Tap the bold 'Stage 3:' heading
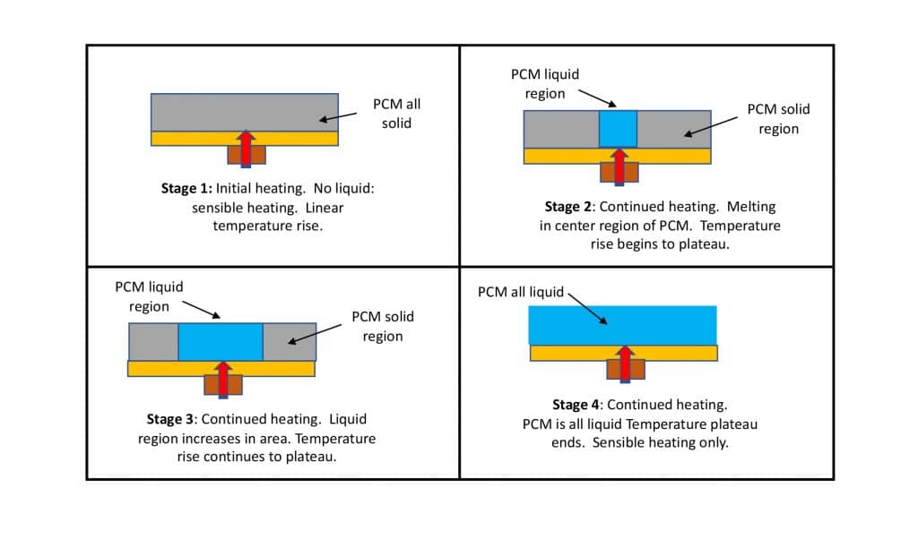pyautogui.click(x=171, y=419)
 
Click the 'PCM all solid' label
pyautogui.click(x=396, y=114)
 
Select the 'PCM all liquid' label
pyautogui.click(x=521, y=292)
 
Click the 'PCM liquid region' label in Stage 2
pyautogui.click(x=538, y=84)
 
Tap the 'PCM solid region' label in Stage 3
pyautogui.click(x=383, y=327)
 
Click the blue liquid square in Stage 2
pyautogui.click(x=618, y=129)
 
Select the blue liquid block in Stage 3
pyautogui.click(x=221, y=341)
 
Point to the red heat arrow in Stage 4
pyautogui.click(x=625, y=361)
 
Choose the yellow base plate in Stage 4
pyautogui.click(x=574, y=353)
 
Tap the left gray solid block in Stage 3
pyautogui.click(x=153, y=341)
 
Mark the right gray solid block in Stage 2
pyautogui.click(x=674, y=129)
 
